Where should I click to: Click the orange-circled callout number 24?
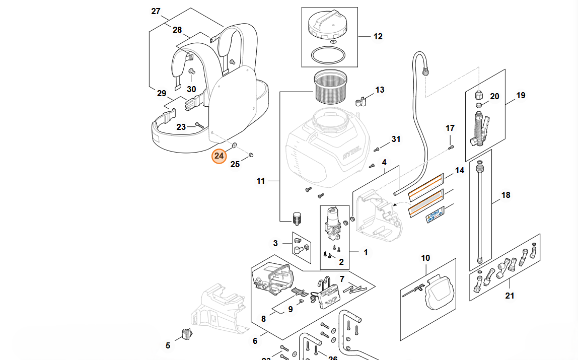pos(219,156)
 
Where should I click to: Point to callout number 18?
pos(505,195)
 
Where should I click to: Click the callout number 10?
pos(425,258)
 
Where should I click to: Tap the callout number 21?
pos(510,296)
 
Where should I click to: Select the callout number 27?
pos(156,11)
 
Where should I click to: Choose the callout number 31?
pos(396,139)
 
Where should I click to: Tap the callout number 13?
pos(380,90)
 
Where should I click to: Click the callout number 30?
pos(191,89)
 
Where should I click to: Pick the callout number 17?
pos(450,128)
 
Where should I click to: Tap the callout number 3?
pos(275,244)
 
